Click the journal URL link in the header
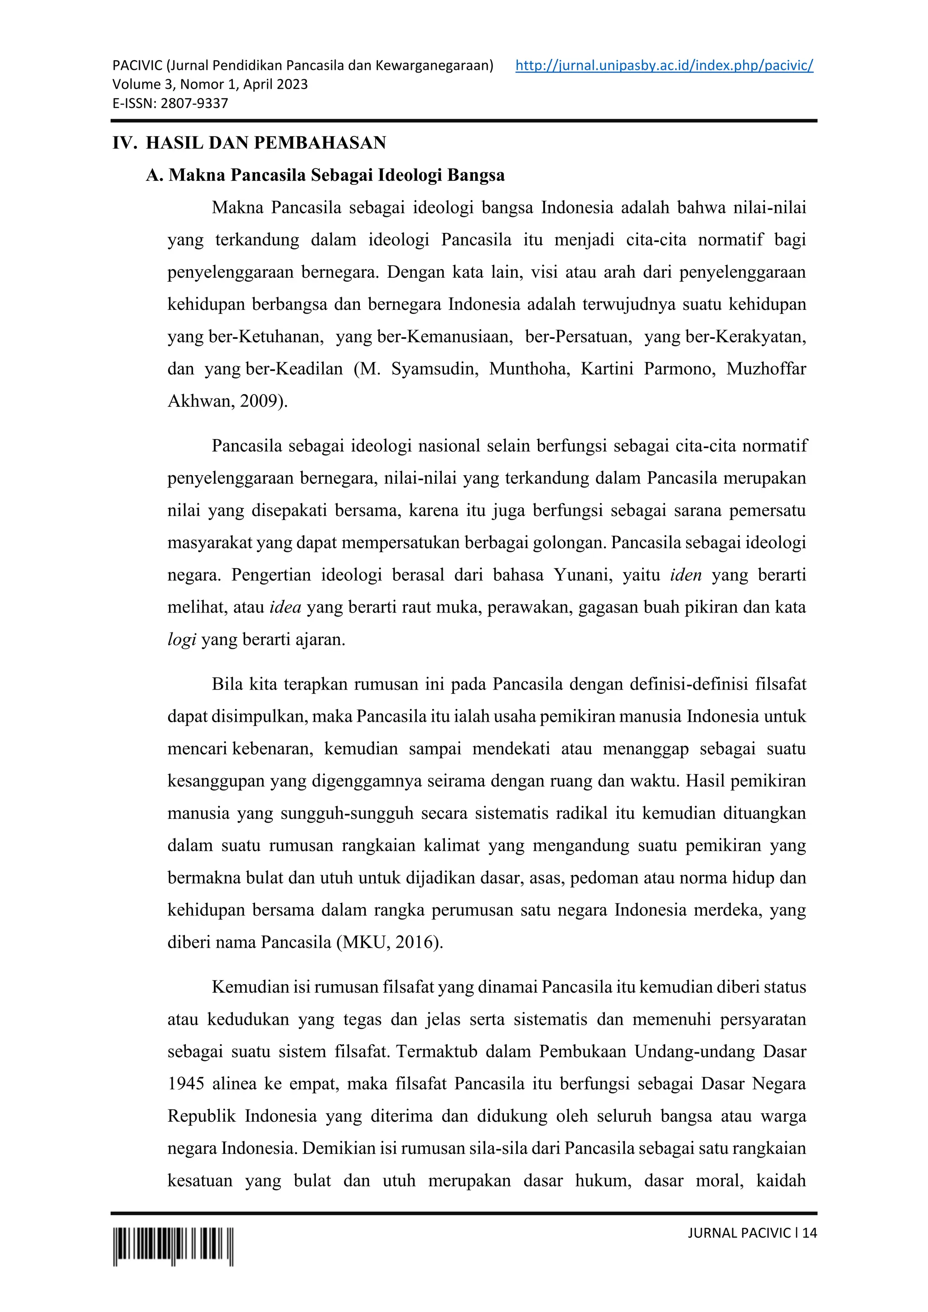664,65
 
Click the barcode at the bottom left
173,1246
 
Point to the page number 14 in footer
809,1233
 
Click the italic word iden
686,575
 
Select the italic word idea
285,607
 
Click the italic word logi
182,639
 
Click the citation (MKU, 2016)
389,942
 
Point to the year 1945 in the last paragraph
186,1083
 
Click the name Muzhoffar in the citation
766,369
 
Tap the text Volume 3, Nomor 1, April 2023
210,85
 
